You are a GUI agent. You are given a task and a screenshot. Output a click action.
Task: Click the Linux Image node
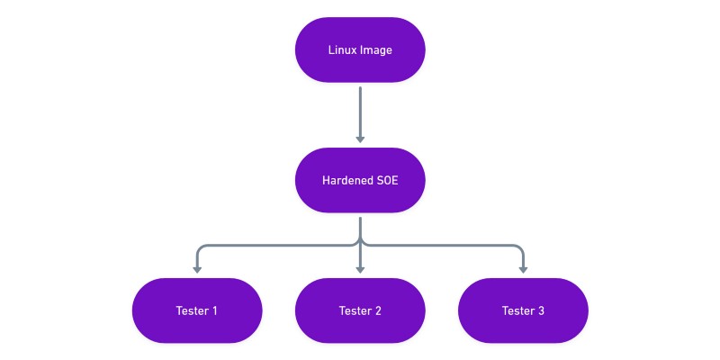click(360, 50)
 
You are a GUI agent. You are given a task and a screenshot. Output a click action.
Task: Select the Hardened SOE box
click(360, 180)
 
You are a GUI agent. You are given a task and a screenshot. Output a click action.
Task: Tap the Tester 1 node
click(197, 310)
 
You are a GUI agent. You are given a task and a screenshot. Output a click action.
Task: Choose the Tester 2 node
click(360, 310)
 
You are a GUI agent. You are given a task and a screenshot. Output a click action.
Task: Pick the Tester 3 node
click(523, 310)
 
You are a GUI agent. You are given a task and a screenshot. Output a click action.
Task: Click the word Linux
click(342, 50)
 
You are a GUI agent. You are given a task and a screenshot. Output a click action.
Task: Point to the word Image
click(375, 50)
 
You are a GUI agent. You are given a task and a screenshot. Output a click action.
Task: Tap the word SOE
click(387, 180)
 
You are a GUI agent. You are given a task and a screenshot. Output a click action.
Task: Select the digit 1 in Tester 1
click(214, 310)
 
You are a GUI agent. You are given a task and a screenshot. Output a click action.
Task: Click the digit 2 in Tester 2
click(378, 310)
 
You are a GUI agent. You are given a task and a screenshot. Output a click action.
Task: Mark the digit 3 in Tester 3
click(541, 310)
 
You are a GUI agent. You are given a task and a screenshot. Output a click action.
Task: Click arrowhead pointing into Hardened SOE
click(360, 139)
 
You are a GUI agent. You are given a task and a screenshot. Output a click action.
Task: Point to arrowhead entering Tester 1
click(197, 269)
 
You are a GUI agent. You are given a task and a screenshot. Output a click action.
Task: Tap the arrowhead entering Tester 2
click(360, 269)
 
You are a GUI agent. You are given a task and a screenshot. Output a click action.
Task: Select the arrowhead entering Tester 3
click(523, 269)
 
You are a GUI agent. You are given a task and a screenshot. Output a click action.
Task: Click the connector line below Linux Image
click(360, 108)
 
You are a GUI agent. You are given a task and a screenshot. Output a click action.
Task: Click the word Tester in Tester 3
click(517, 310)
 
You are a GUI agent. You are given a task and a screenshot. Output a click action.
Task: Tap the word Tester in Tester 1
click(192, 310)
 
